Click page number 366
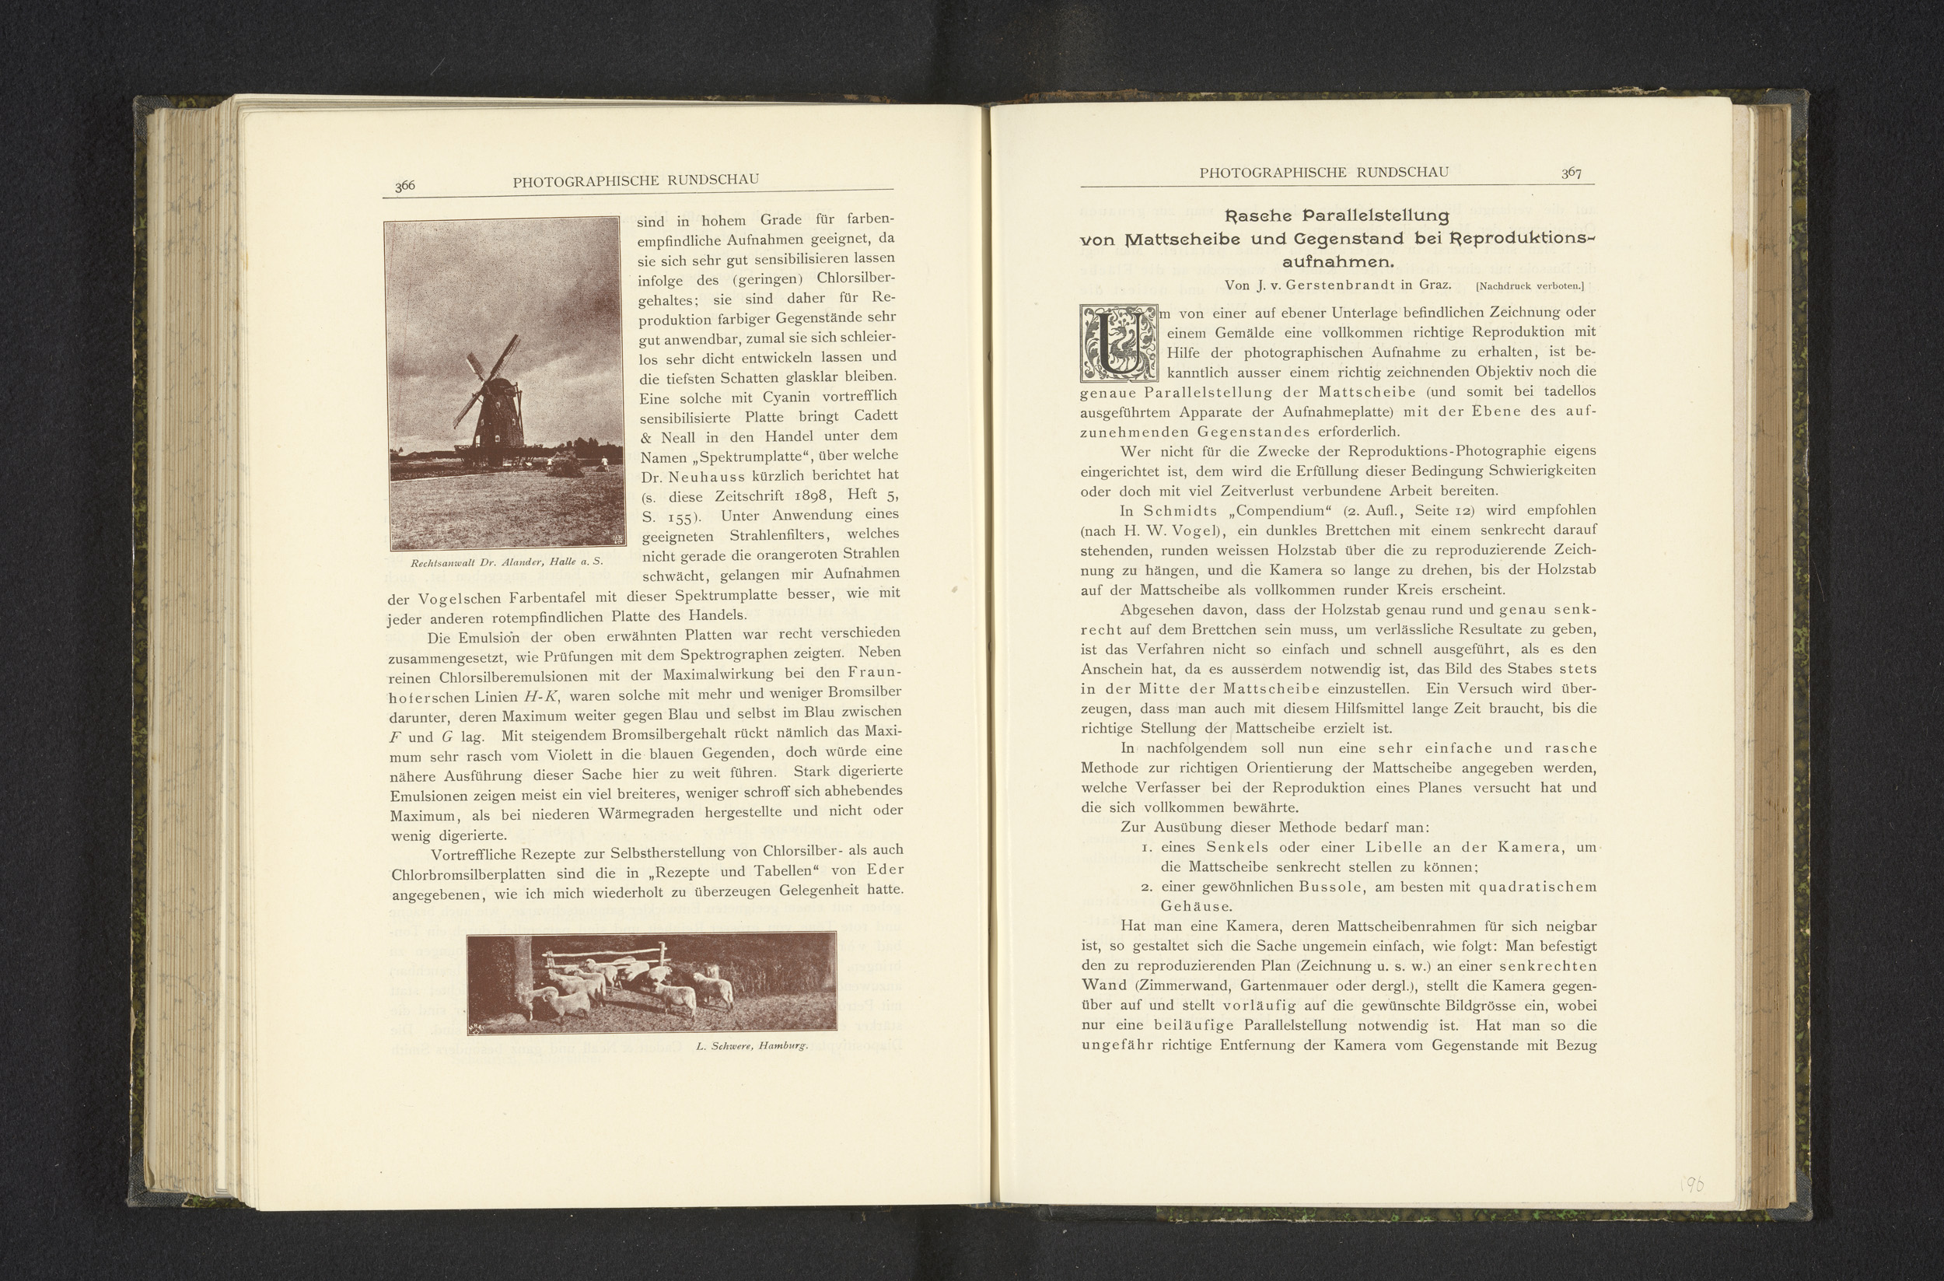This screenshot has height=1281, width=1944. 405,185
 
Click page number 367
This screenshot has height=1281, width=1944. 1571,173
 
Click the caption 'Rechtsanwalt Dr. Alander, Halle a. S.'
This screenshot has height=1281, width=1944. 506,563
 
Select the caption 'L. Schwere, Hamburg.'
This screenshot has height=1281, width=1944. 751,1045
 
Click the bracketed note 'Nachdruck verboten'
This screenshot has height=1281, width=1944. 1530,286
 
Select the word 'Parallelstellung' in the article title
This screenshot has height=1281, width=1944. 1376,216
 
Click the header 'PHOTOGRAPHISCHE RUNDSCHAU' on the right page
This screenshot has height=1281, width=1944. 1324,173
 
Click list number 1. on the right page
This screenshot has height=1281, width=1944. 1148,848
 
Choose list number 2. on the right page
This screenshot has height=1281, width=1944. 1148,887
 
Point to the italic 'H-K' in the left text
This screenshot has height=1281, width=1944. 540,697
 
